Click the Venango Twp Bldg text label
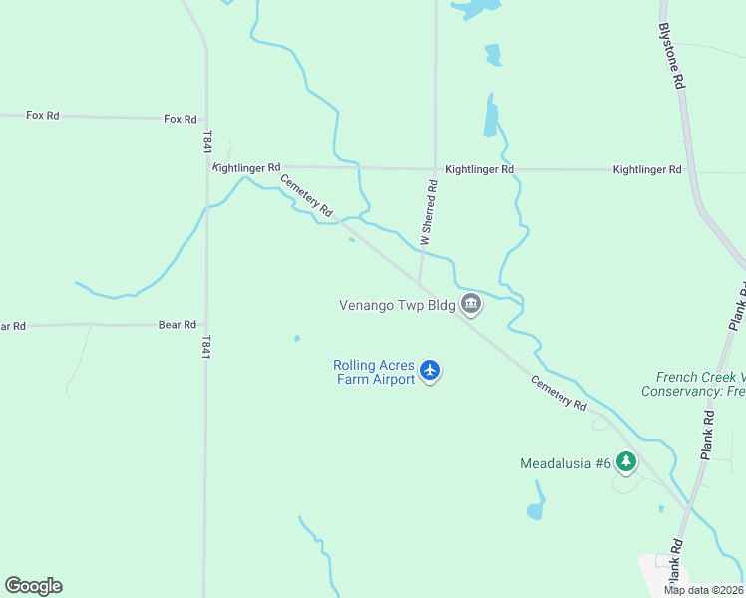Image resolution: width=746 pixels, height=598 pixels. tap(397, 305)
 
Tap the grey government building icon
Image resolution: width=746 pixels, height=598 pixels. tap(472, 306)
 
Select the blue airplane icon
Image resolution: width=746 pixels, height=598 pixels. tap(430, 371)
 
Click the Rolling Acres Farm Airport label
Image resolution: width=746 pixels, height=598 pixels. tap(374, 372)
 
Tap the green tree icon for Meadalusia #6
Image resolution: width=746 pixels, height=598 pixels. tap(626, 461)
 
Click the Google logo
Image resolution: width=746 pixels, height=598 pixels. tap(33, 586)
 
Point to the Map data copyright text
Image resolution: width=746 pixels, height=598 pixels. tap(703, 590)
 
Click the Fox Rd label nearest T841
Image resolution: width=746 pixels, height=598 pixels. tap(181, 119)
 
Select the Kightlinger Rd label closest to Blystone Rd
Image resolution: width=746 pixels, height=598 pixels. tap(647, 170)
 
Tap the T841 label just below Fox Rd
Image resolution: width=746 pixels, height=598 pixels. tap(206, 142)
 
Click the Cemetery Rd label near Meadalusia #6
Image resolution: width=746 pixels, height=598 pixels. tap(559, 391)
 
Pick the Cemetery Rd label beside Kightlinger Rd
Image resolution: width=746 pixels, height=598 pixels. tap(305, 195)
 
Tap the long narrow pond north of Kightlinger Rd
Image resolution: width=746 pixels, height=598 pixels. tap(490, 116)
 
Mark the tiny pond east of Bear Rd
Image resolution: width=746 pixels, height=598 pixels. tap(297, 338)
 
